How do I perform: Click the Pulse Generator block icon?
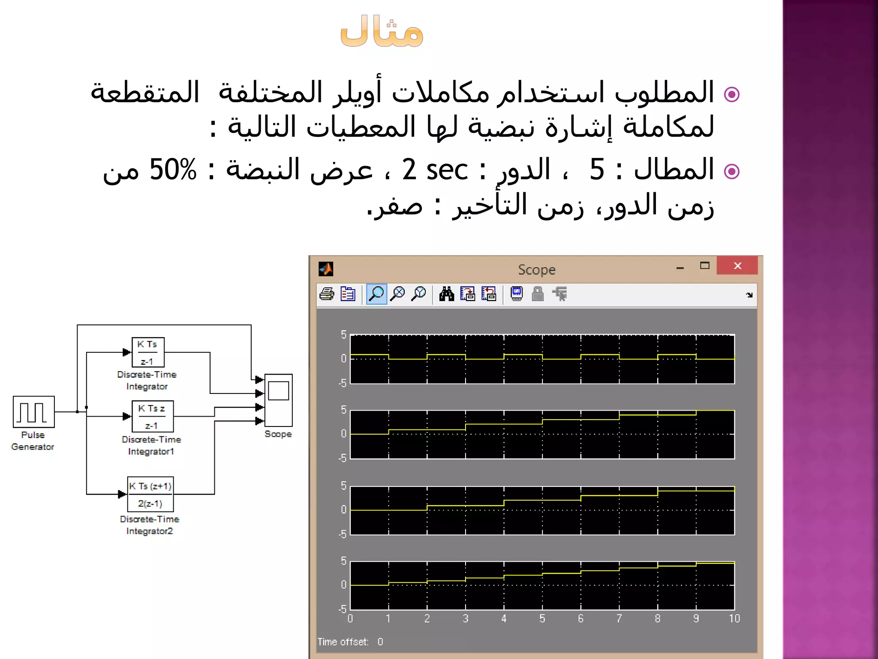pyautogui.click(x=33, y=412)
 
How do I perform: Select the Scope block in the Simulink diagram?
pyautogui.click(x=278, y=400)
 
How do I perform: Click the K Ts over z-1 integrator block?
pyautogui.click(x=148, y=352)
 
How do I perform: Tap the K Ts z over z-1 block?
pyautogui.click(x=153, y=416)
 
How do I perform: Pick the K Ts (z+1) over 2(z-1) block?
pyautogui.click(x=150, y=494)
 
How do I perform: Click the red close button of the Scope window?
pyautogui.click(x=737, y=266)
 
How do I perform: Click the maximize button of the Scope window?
pyautogui.click(x=704, y=266)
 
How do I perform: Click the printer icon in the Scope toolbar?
pyautogui.click(x=327, y=294)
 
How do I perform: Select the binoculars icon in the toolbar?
pyautogui.click(x=446, y=294)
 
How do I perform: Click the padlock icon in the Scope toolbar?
pyautogui.click(x=538, y=294)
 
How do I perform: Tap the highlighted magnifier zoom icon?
pyautogui.click(x=376, y=294)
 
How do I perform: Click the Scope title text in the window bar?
pyautogui.click(x=536, y=270)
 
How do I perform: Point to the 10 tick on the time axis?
pyautogui.click(x=734, y=618)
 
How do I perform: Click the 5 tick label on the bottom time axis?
pyautogui.click(x=542, y=618)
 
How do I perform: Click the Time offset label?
pyautogui.click(x=343, y=642)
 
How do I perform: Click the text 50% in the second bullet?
pyautogui.click(x=173, y=169)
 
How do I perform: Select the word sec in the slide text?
pyautogui.click(x=447, y=169)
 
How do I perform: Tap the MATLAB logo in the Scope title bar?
pyautogui.click(x=326, y=269)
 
